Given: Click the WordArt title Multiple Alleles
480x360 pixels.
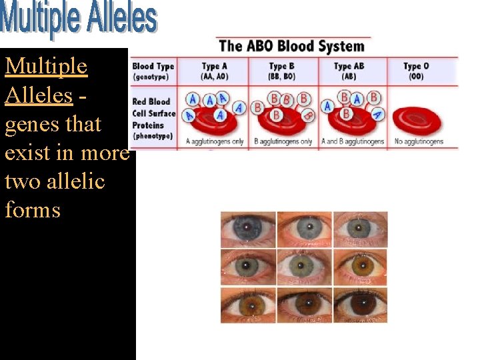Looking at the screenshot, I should [x=79, y=20].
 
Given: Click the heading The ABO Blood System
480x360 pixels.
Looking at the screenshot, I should [x=291, y=46].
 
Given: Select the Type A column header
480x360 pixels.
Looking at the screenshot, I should [x=215, y=71].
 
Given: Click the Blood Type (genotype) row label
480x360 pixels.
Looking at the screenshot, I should [x=153, y=71].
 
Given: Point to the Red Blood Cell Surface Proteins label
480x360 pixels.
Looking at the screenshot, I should [x=153, y=119].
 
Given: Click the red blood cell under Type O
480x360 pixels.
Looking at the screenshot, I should [x=416, y=120].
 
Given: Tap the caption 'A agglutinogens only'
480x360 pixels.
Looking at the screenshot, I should [x=215, y=141].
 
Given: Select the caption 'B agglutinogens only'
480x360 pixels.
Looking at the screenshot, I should [x=283, y=141].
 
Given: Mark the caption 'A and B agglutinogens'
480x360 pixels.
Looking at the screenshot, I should [x=352, y=141].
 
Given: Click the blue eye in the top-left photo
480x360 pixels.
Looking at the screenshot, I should [x=248, y=229].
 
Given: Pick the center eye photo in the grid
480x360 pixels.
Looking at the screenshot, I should [x=304, y=267].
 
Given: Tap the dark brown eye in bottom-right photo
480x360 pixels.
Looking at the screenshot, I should [x=361, y=305].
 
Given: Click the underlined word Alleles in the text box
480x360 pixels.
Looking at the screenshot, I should [x=38, y=95].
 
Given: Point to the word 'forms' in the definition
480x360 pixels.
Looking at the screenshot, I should [x=33, y=210].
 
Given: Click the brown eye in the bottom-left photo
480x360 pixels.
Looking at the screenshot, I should [x=248, y=305].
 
